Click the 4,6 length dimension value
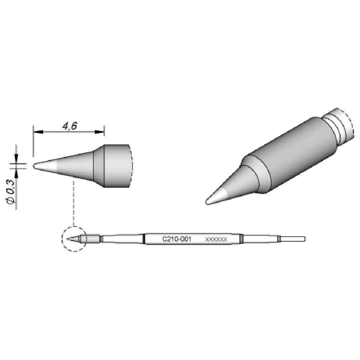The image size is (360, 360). pos(68,126)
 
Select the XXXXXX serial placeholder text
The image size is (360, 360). pos(215,239)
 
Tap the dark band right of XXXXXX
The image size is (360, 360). pos(242,239)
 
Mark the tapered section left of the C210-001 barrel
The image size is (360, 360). pos(122,239)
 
